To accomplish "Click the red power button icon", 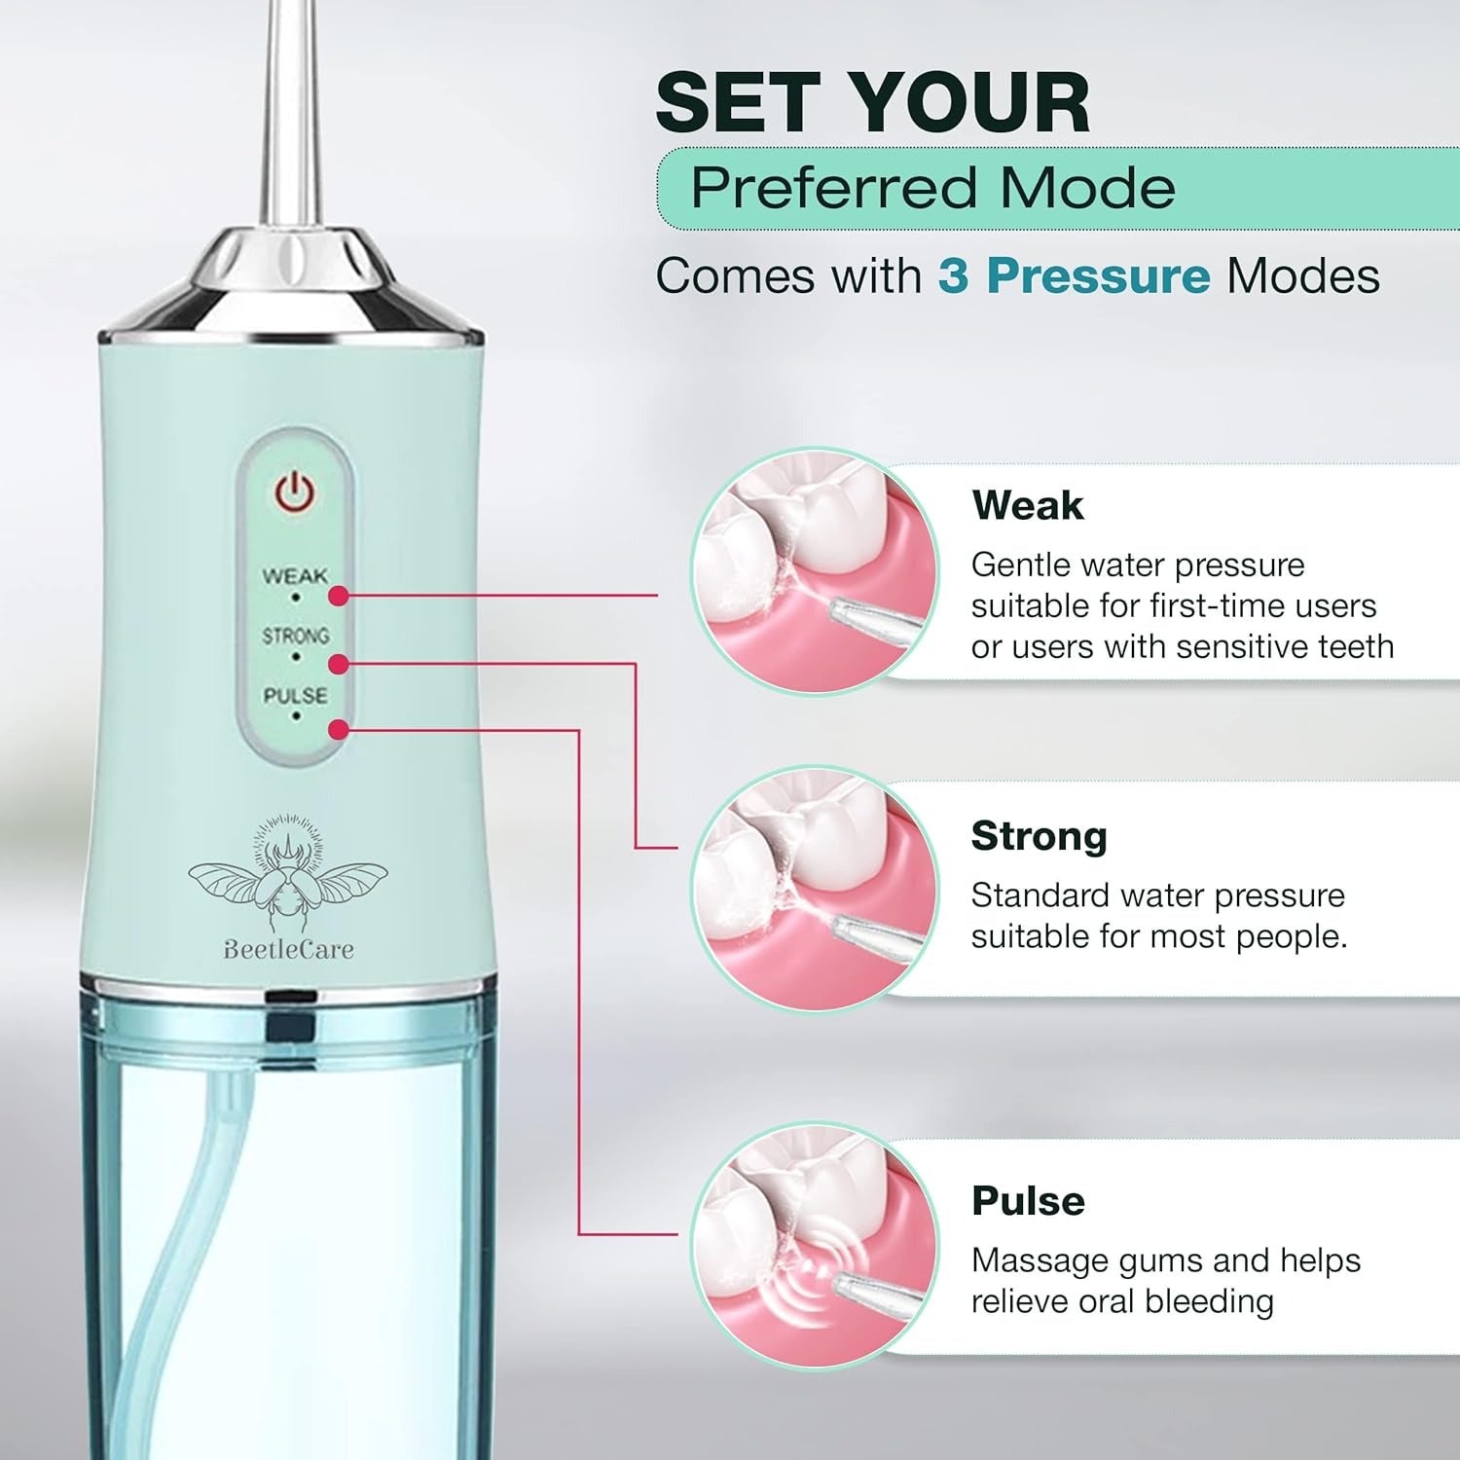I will (294, 493).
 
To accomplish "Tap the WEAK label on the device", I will (295, 576).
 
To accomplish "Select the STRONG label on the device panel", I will (295, 636).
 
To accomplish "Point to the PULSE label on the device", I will (295, 695).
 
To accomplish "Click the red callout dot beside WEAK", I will (338, 596).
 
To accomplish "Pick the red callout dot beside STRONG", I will (338, 664).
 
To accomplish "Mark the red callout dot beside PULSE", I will (338, 729).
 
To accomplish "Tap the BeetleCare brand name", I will (288, 949).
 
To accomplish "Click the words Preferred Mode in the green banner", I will (932, 187).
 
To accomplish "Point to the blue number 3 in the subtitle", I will (954, 276).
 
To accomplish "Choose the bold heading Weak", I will (1027, 505).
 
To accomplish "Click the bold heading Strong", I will (1039, 836).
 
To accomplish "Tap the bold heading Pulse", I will (1028, 1201).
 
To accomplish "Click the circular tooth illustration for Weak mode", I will (815, 571).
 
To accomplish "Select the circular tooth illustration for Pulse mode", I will (815, 1245).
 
